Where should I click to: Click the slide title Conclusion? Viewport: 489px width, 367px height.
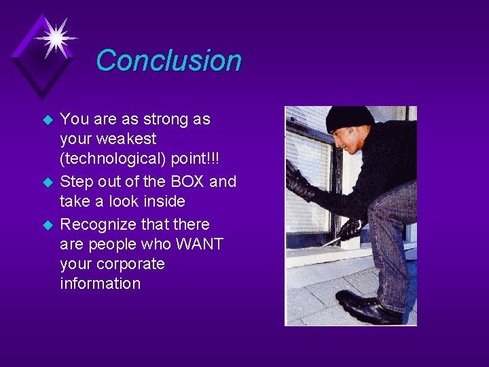tap(168, 60)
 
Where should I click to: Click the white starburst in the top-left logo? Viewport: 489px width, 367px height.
tap(54, 37)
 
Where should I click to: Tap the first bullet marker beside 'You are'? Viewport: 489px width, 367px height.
tap(48, 120)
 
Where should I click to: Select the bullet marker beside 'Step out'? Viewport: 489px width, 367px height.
tap(48, 183)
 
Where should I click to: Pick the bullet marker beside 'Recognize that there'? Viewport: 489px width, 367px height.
tap(48, 225)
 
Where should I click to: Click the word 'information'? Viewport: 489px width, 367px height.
tap(100, 283)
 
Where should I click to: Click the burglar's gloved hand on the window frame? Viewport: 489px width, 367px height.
tap(297, 181)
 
